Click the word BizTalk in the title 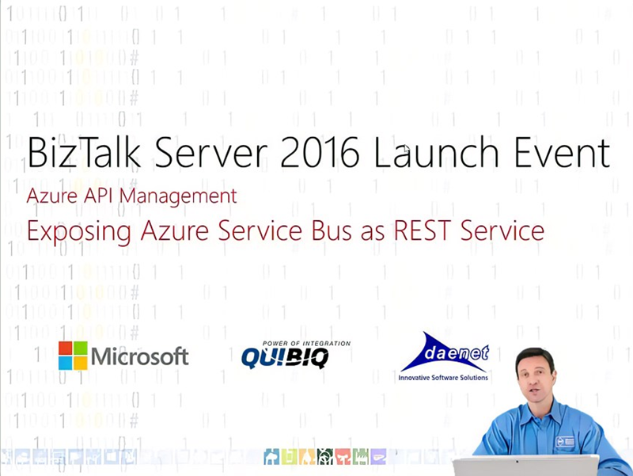tap(84, 152)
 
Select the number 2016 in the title tap(320, 152)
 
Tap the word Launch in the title tap(437, 152)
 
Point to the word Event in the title tap(562, 152)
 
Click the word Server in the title tap(210, 152)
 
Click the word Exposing tap(78, 232)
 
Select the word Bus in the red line tap(332, 230)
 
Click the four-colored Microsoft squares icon tap(73, 356)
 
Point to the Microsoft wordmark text tap(140, 356)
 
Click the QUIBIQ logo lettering tap(285, 358)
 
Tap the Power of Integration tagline tap(306, 344)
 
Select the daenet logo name tap(457, 353)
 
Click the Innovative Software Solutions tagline tap(443, 378)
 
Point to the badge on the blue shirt tap(565, 441)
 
